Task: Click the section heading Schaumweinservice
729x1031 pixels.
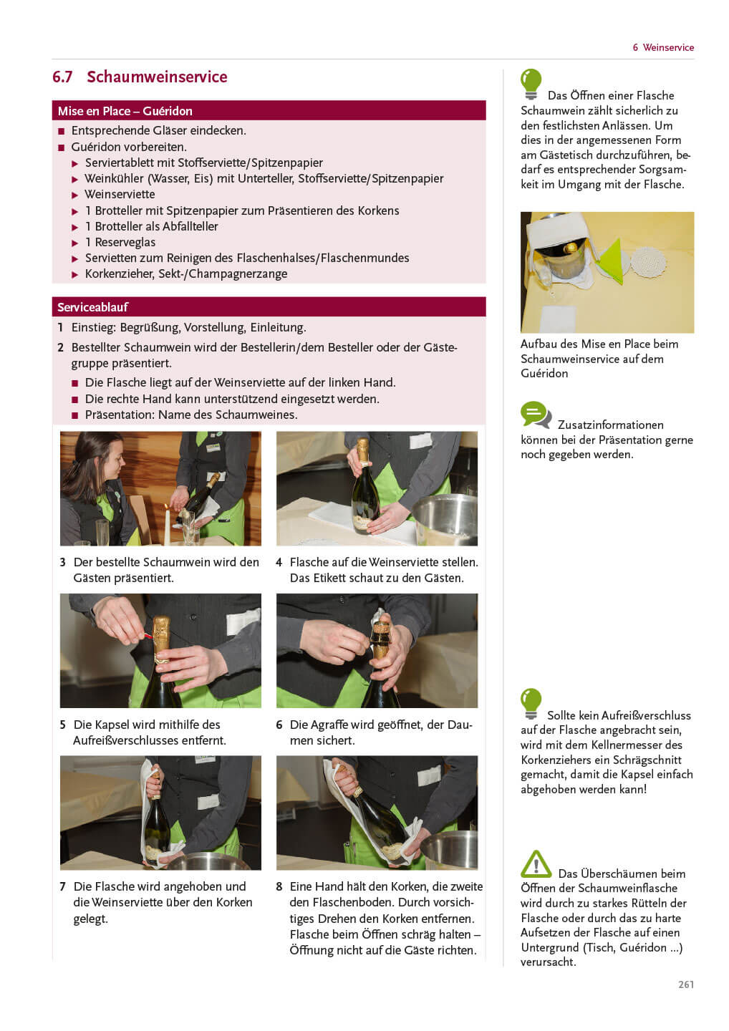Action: point(157,77)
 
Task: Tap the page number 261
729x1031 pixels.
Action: point(686,984)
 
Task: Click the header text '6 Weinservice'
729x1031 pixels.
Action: point(663,47)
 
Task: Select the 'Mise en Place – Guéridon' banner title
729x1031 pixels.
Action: point(125,111)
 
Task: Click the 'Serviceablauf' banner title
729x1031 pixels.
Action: point(92,307)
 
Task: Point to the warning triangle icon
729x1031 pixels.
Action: point(536,864)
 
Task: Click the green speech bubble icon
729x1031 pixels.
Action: point(535,415)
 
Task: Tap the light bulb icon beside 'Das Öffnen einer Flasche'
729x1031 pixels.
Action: point(531,84)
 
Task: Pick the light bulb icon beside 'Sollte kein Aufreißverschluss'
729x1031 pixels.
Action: point(531,704)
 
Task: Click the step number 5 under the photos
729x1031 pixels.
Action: point(62,725)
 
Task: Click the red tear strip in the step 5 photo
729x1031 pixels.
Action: point(148,636)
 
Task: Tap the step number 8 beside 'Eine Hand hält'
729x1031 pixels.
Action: point(279,886)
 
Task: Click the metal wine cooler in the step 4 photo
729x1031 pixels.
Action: point(446,519)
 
